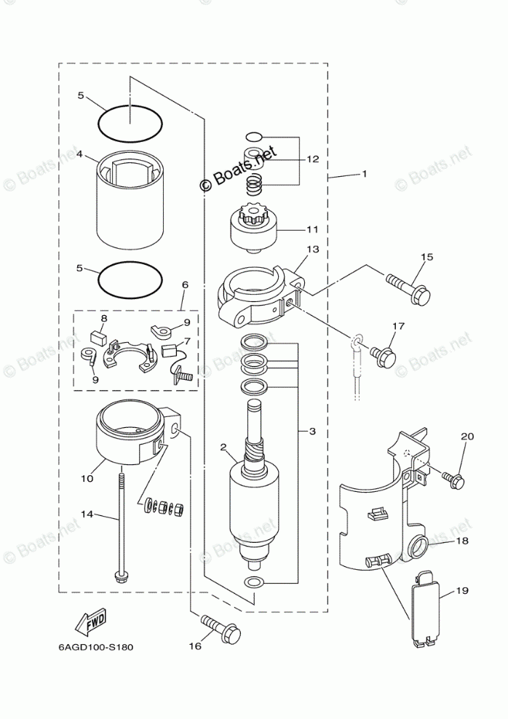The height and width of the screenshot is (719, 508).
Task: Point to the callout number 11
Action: point(312,229)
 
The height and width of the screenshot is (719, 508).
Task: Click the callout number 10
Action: point(87,480)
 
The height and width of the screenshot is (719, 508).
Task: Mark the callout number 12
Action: point(312,159)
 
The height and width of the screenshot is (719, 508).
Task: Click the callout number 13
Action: point(312,249)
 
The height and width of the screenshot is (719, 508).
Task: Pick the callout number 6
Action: point(185,284)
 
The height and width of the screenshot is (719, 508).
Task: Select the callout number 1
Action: point(364,174)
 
